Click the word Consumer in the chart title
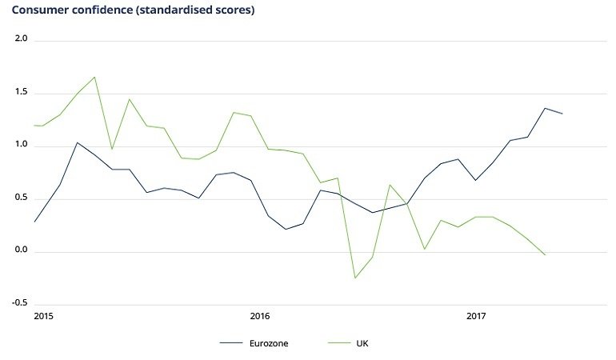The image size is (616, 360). pyautogui.click(x=39, y=11)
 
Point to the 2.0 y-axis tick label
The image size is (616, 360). pyautogui.click(x=22, y=39)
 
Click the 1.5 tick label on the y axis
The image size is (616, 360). pyautogui.click(x=22, y=93)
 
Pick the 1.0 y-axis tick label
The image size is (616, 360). pyautogui.click(x=22, y=146)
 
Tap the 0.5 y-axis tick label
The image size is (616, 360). pyautogui.click(x=22, y=198)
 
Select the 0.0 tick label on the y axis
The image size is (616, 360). pyautogui.click(x=22, y=251)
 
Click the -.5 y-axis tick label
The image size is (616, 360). pyautogui.click(x=21, y=304)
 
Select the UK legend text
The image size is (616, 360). pyautogui.click(x=363, y=344)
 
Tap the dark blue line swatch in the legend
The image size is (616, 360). pyautogui.click(x=231, y=344)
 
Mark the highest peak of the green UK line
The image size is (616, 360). pyautogui.click(x=94, y=77)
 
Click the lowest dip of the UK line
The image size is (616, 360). pyautogui.click(x=354, y=278)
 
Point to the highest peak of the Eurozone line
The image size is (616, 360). pyautogui.click(x=545, y=108)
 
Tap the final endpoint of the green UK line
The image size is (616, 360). pyautogui.click(x=545, y=255)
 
